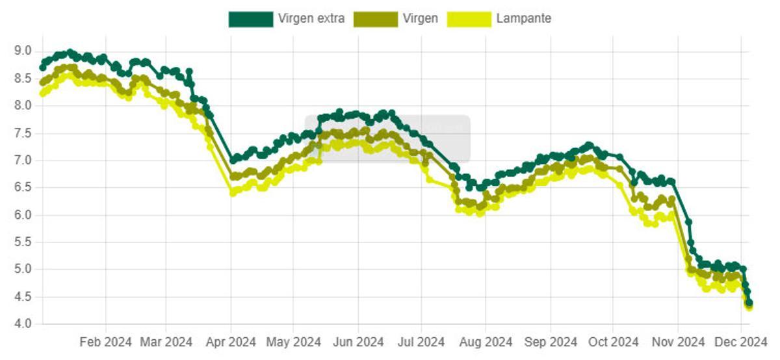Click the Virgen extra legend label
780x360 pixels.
click(x=311, y=19)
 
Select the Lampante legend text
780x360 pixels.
click(x=523, y=19)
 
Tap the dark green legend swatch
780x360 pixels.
click(x=250, y=19)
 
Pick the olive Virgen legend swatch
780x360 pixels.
click(x=375, y=19)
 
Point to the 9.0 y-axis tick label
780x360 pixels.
click(x=23, y=51)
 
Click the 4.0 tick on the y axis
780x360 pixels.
click(x=23, y=324)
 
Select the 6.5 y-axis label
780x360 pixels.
click(x=23, y=187)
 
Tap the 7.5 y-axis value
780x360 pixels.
click(x=23, y=133)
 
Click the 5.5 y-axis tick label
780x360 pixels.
click(x=23, y=242)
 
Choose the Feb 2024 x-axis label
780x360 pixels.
click(x=105, y=342)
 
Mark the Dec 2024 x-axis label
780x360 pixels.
click(x=740, y=342)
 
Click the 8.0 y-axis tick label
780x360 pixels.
click(x=23, y=105)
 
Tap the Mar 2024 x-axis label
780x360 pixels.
click(x=166, y=342)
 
